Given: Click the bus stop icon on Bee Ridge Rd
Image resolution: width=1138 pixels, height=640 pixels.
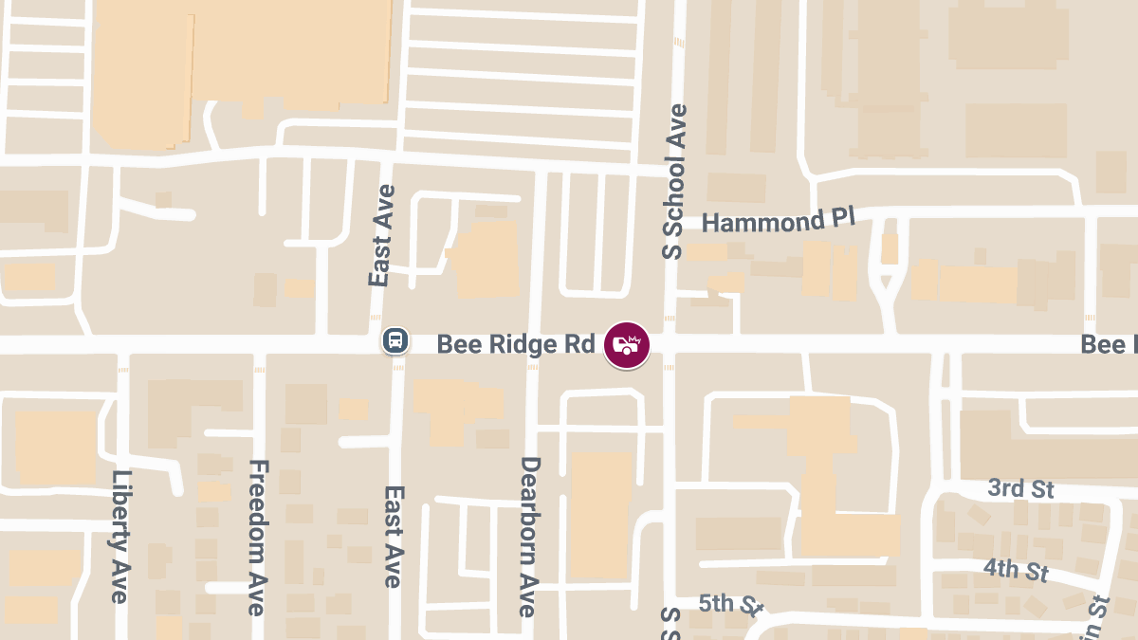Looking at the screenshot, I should tap(395, 340).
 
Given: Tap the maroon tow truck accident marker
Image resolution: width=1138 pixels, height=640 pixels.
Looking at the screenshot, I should tap(627, 344).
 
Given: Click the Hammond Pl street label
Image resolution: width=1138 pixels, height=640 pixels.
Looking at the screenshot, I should tap(779, 221).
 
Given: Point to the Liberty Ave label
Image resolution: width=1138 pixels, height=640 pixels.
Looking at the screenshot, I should tap(119, 537).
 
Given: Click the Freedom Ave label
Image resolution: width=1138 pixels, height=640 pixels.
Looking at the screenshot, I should tap(257, 537).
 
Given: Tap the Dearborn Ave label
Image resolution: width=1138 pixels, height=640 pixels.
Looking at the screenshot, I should tap(530, 537).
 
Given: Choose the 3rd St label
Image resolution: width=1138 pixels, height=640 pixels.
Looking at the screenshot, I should tap(1020, 488).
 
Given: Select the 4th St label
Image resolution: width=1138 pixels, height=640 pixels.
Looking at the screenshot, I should tap(1016, 570).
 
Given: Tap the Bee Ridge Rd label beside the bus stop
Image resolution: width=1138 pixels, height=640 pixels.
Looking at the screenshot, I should tap(515, 343).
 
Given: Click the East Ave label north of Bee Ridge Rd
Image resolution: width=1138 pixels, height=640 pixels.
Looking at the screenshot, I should tap(381, 236).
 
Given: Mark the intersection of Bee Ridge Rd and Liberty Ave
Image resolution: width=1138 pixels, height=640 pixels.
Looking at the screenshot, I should tap(121, 344).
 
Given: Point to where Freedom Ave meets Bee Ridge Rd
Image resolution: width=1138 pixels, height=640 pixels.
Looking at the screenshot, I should tap(259, 344).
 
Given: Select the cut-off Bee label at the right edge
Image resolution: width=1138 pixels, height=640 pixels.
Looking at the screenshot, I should tap(1110, 344).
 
